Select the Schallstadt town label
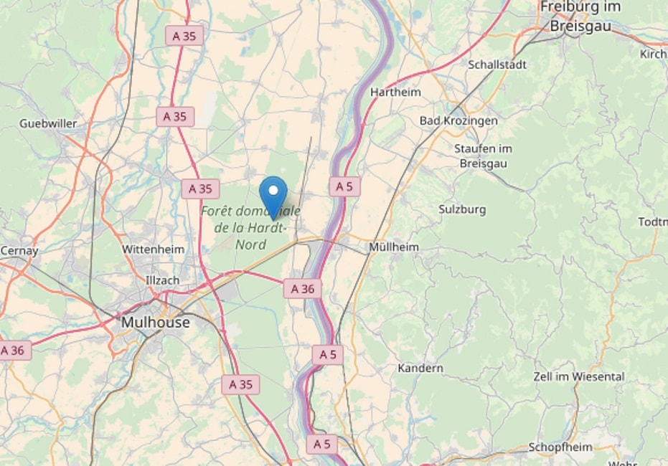point(497,65)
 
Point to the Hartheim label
point(395,92)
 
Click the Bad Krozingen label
point(458,121)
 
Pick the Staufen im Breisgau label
point(483,156)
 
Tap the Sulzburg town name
point(462,209)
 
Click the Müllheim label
point(393,247)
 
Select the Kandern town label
point(420,368)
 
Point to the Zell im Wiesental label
point(578,376)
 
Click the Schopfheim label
point(560,447)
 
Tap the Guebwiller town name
point(48,123)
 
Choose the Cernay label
point(19,251)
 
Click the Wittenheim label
point(153,249)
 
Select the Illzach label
point(162,280)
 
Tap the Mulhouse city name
point(156,323)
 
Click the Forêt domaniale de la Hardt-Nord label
point(250,228)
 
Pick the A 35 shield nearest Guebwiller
point(175,116)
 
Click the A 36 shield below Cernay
point(14,351)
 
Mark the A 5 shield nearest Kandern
point(327,354)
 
